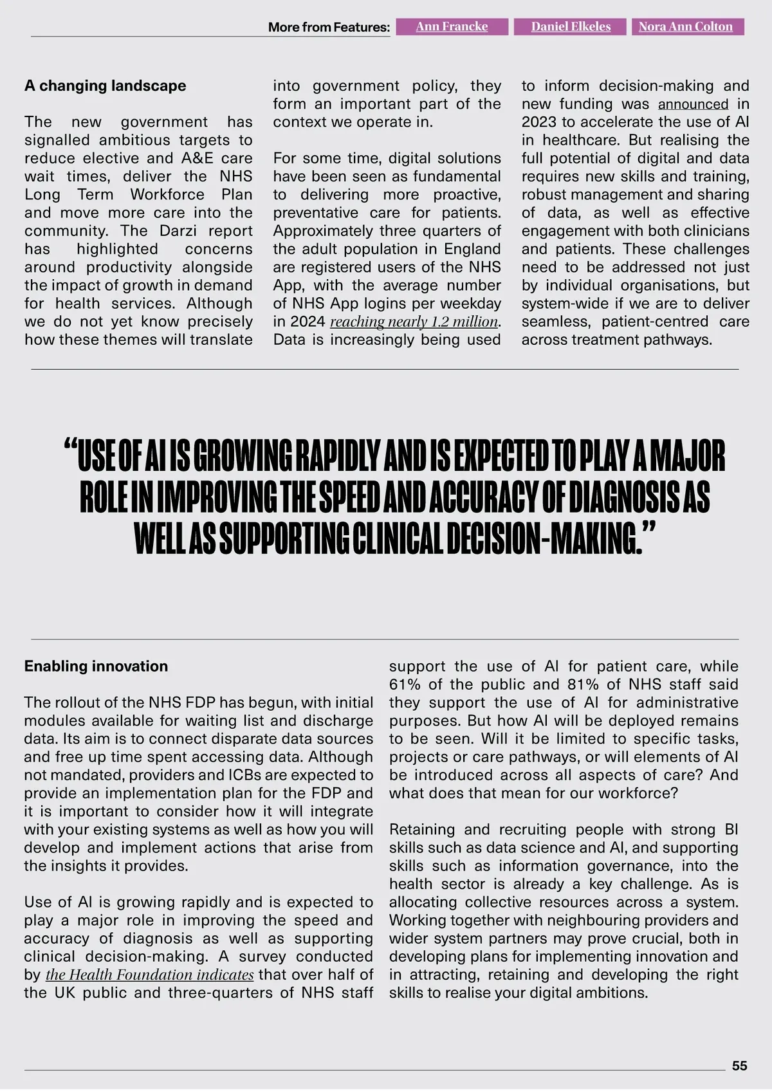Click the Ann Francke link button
[452, 26]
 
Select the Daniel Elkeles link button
[571, 26]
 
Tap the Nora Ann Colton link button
[685, 26]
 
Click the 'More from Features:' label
[329, 27]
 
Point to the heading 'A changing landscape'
[105, 86]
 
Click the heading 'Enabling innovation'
[96, 666]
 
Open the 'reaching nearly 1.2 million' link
[414, 322]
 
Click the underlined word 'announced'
[693, 104]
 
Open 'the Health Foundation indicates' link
[149, 975]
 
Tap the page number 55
[740, 1066]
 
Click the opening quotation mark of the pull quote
[71, 447]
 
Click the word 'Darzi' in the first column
[178, 231]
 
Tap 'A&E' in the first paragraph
[198, 158]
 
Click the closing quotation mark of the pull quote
[649, 529]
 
